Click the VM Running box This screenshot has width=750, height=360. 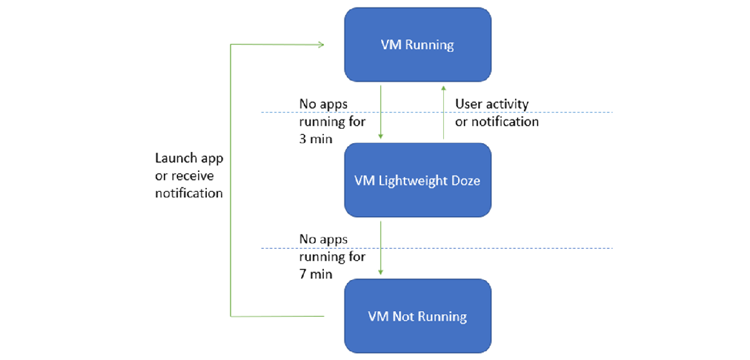click(x=417, y=45)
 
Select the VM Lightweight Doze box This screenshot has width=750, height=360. click(x=417, y=181)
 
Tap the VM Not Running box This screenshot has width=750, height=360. click(x=417, y=316)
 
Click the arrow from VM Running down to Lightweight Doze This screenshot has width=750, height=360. click(x=381, y=112)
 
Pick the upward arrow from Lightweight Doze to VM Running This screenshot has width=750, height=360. click(x=443, y=112)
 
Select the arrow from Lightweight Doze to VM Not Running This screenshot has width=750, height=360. click(x=381, y=247)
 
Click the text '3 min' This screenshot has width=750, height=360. click(x=316, y=139)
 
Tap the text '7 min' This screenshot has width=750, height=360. click(x=316, y=274)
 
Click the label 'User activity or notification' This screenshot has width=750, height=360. click(x=496, y=112)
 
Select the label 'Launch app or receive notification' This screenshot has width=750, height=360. click(x=189, y=176)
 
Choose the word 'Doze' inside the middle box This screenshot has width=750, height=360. click(x=466, y=181)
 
